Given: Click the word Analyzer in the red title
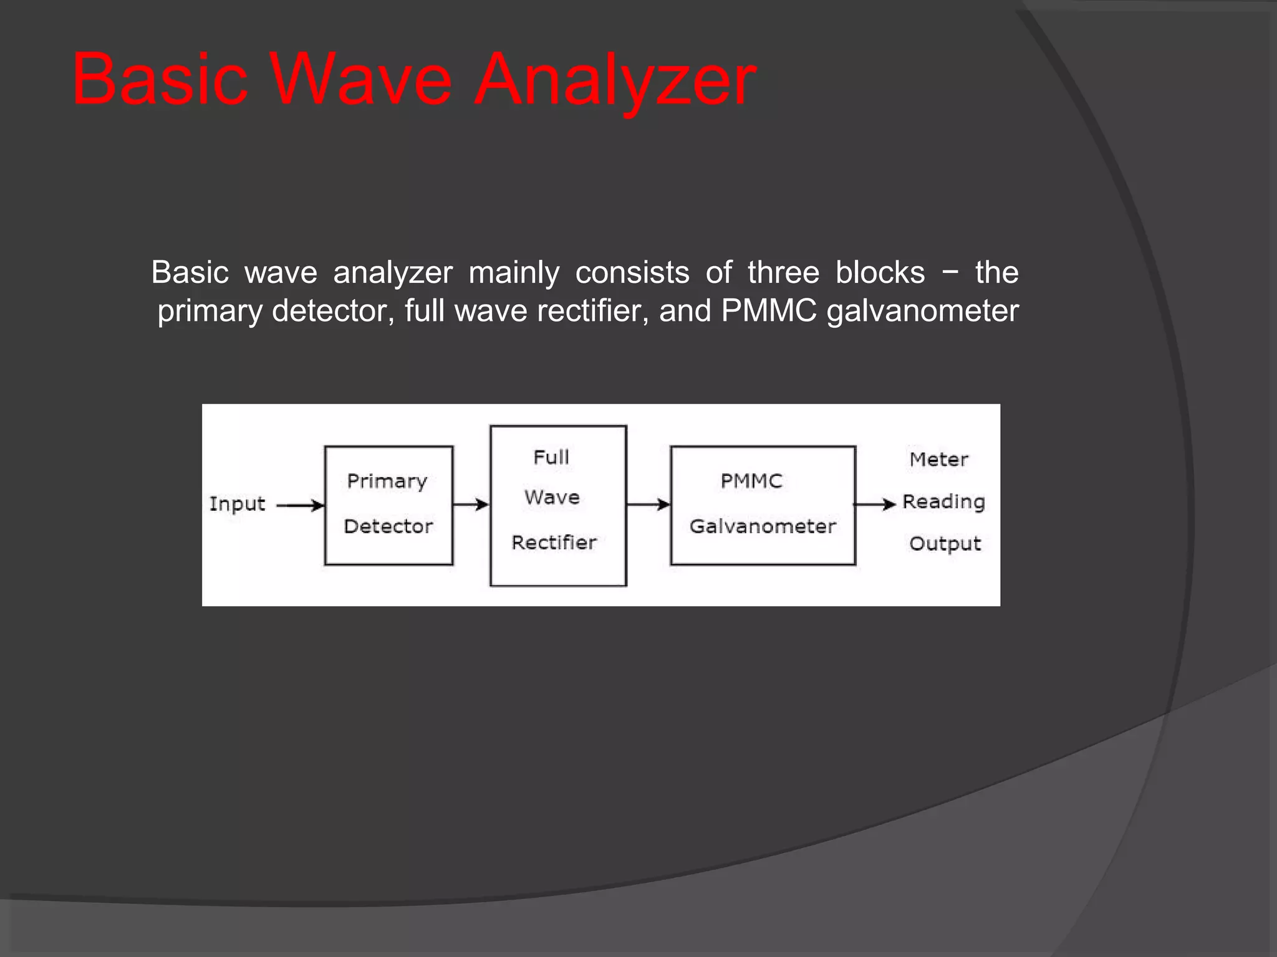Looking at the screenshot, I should coord(615,81).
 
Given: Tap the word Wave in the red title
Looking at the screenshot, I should coord(362,81).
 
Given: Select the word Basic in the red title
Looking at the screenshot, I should coord(160,81).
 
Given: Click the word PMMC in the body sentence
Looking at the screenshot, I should coord(768,310).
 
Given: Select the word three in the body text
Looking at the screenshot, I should coord(783,272).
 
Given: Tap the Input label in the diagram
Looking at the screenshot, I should coord(237,503).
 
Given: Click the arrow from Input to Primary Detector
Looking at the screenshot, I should coord(300,505).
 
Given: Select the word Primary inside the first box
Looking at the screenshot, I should coord(387,482).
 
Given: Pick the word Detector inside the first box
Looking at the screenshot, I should coord(388,526).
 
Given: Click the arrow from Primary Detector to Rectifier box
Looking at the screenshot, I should coord(471,504).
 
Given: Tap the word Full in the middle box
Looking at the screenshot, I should coord(551,457).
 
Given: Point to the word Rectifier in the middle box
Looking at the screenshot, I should coord(554,543).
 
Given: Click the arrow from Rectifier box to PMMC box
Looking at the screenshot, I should coord(648,504).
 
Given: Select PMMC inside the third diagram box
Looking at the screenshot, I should coord(751,481).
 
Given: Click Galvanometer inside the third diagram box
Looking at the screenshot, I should coord(763,526).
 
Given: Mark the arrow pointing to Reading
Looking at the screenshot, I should coord(874,504).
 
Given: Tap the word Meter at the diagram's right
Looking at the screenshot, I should coord(938,460).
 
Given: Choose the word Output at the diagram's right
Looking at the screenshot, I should coord(945,544).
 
